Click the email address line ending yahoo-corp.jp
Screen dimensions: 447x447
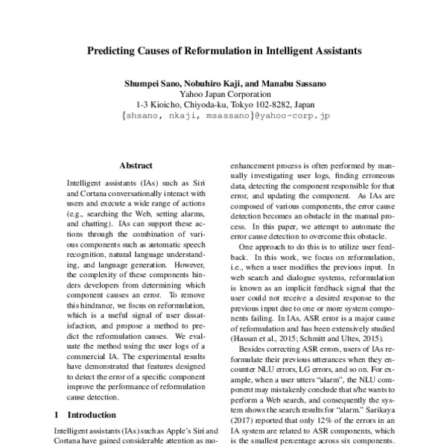pos(224,117)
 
